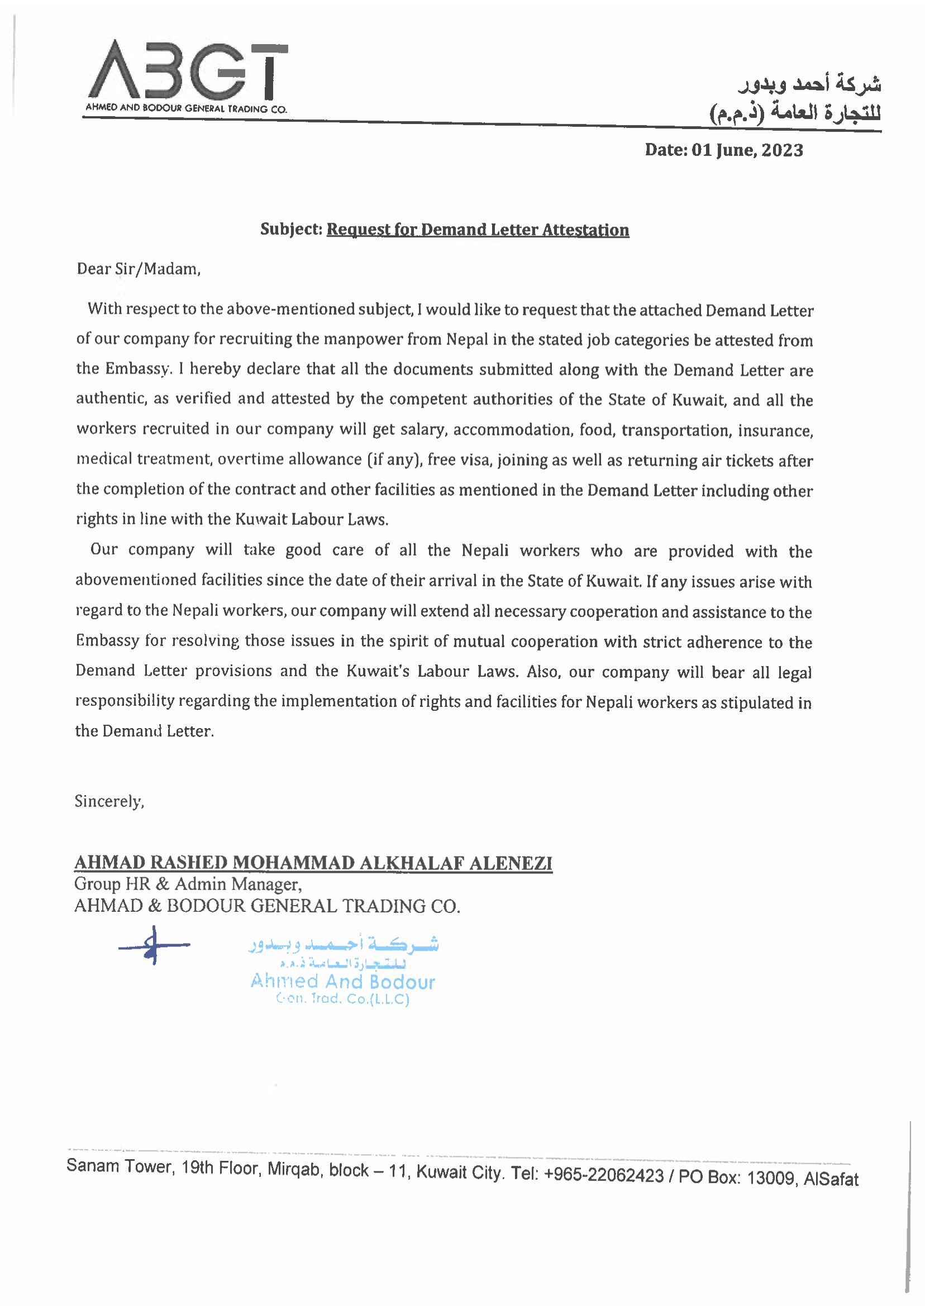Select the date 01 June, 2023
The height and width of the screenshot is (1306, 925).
[x=747, y=150]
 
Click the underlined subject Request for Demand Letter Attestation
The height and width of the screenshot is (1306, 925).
[x=478, y=229]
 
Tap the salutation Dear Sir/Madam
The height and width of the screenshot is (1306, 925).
[x=139, y=269]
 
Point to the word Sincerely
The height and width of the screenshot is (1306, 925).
[x=109, y=802]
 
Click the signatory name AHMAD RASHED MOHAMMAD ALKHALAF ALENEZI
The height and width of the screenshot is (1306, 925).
[x=313, y=863]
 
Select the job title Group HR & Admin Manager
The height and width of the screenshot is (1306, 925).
[x=187, y=884]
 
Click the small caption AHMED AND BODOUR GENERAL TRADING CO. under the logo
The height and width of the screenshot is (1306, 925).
[x=186, y=108]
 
